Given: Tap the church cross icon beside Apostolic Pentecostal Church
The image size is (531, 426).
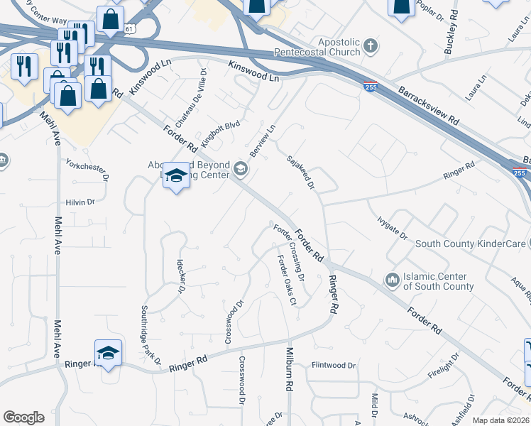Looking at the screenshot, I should click(x=369, y=48).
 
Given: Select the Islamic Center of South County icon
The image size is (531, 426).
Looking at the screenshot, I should click(x=392, y=281).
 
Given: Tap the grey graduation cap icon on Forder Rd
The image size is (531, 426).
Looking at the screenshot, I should click(x=241, y=168).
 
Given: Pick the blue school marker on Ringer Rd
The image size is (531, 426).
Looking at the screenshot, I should click(x=108, y=354).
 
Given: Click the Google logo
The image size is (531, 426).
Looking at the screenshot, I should click(x=23, y=417).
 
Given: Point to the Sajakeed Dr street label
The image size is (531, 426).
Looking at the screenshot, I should click(x=302, y=173).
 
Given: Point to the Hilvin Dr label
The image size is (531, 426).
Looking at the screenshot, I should click(x=80, y=202).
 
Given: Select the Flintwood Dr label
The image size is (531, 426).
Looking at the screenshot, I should click(x=334, y=366).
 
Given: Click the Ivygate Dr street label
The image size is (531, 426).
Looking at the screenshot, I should click(x=392, y=229).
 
